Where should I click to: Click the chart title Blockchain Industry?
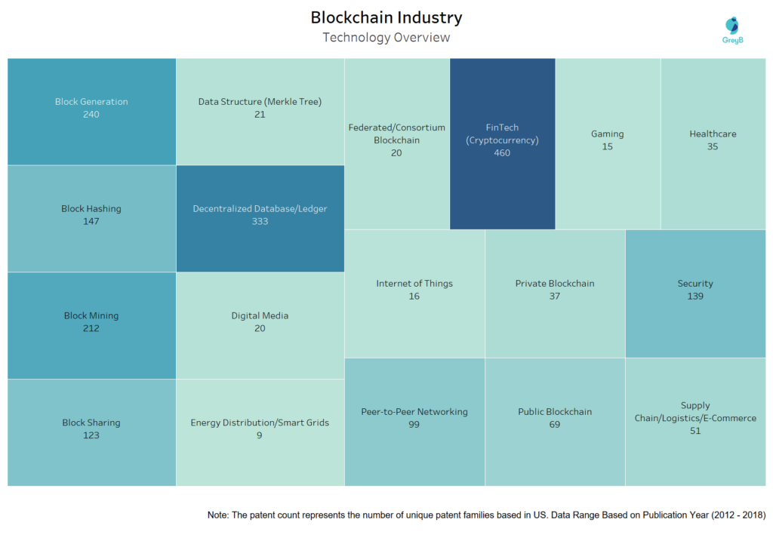click(386, 17)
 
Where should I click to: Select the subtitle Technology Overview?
click(386, 37)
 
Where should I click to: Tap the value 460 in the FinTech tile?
click(502, 153)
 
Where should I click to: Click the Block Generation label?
click(91, 102)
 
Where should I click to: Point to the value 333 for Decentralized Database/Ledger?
click(260, 222)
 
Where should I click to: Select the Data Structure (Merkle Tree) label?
click(260, 102)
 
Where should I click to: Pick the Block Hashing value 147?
click(91, 222)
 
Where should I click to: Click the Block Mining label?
click(91, 316)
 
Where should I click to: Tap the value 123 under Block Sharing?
click(91, 435)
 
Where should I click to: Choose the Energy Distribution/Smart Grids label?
click(260, 423)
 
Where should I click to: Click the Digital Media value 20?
click(260, 328)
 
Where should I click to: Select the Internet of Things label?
click(414, 284)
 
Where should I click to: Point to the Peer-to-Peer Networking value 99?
click(414, 425)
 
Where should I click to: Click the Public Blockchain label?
click(555, 412)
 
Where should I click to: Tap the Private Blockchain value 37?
click(555, 297)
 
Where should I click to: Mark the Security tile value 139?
click(695, 297)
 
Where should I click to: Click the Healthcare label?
click(713, 134)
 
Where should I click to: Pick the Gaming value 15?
click(608, 147)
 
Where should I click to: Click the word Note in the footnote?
click(219, 515)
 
